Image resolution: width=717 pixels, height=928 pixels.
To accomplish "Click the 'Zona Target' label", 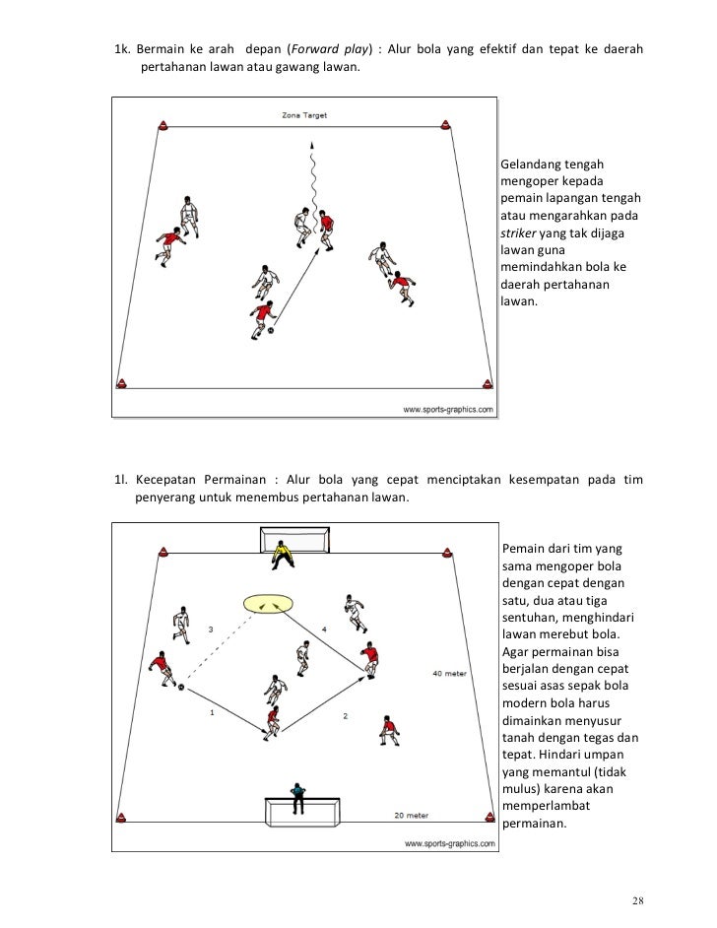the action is [304, 115].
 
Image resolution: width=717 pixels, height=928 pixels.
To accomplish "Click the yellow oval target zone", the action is [268, 602].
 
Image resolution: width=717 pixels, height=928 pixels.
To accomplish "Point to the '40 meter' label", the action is [449, 674].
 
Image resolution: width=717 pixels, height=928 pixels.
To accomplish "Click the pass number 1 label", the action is [212, 714].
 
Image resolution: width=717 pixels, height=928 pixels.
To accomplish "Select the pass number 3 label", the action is [210, 629].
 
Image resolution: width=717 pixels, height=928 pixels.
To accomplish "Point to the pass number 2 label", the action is [345, 715].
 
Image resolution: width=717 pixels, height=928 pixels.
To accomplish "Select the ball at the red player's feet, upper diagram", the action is [271, 331].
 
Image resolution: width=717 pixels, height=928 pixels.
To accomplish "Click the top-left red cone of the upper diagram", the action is [163, 125].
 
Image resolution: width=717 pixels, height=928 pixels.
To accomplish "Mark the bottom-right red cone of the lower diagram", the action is [487, 814].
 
